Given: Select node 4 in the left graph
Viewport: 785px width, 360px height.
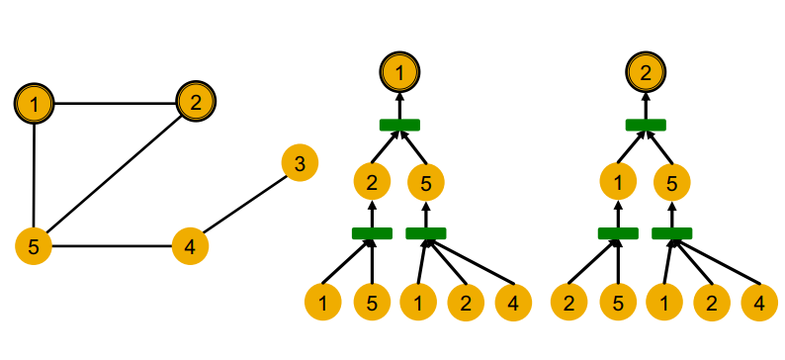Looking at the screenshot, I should point(190,245).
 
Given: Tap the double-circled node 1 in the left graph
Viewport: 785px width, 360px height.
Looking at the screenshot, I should point(35,102).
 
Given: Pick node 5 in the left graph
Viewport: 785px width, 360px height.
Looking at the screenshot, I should point(34,245).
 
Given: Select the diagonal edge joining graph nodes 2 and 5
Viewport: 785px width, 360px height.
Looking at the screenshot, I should point(115,173).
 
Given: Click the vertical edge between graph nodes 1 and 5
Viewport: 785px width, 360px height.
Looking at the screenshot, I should point(35,173).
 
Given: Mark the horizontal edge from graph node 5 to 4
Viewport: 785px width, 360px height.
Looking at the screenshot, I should point(112,245).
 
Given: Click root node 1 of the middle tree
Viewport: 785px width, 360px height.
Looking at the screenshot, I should point(399,71).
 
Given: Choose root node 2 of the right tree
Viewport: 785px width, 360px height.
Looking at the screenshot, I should point(646,71).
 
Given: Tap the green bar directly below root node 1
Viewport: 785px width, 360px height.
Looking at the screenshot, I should point(399,124).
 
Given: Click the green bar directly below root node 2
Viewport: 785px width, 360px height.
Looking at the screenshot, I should point(646,124).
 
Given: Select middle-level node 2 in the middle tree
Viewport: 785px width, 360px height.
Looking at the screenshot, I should point(372,182).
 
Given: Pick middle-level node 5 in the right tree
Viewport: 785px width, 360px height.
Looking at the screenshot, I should point(672,182).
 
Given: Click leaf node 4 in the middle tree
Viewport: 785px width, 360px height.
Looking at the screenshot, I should point(512,302).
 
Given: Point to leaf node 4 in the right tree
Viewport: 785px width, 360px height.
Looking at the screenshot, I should point(758,302).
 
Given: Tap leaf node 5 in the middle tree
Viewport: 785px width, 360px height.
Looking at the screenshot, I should point(372,302).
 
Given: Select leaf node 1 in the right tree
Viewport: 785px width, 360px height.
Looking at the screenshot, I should point(663,302).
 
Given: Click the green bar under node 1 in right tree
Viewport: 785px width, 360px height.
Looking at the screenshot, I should point(618,232).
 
